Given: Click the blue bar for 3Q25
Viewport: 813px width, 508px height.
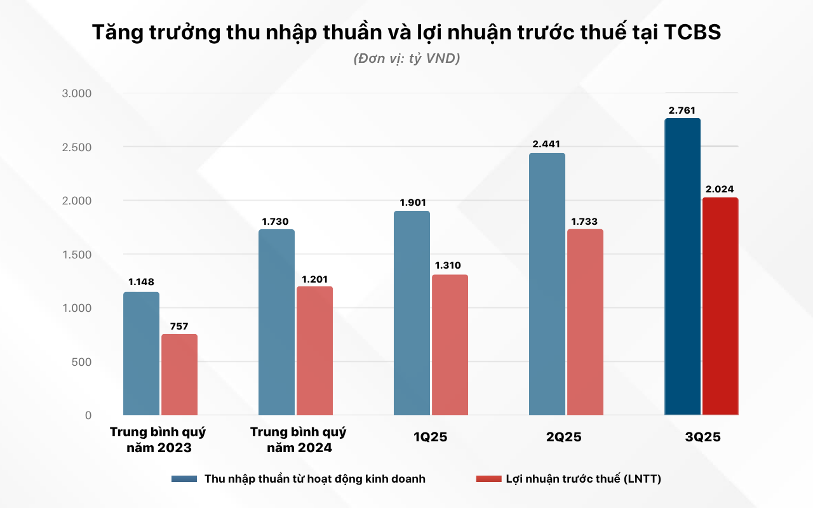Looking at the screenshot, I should coord(682,267).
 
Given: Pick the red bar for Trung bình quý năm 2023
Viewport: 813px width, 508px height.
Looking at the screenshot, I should coord(179,375).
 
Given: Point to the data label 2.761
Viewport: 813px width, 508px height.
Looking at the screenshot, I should coord(682,110).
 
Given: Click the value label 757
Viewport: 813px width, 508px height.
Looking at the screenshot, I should coord(179,326).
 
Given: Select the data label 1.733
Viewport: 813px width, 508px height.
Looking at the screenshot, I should coord(585,221).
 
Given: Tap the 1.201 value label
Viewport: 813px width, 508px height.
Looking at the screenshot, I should coord(314,279).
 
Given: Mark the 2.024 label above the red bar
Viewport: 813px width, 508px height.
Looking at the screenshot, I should coord(720,189).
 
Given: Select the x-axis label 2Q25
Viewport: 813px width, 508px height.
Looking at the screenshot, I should coord(563,438).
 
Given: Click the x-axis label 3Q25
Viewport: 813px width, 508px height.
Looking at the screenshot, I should coord(702,438).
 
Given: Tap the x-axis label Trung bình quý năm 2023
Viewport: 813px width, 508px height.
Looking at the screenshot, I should coord(158,440).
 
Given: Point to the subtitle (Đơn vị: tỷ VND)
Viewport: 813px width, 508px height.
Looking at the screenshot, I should coord(406,58).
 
